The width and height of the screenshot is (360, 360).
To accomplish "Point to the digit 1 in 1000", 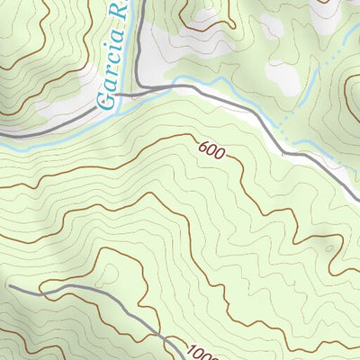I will [x=192, y=345].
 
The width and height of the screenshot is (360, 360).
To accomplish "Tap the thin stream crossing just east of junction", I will [x=177, y=86].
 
